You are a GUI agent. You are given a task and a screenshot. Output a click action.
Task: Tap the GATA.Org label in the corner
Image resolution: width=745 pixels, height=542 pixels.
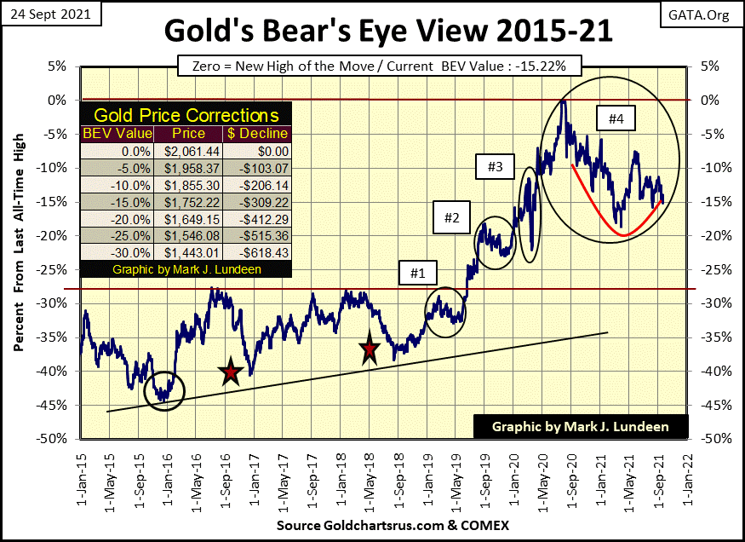700,14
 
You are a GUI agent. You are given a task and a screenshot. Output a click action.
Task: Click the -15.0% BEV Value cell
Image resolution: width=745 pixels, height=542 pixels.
118,202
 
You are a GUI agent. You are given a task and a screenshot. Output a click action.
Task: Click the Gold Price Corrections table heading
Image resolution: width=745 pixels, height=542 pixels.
186,115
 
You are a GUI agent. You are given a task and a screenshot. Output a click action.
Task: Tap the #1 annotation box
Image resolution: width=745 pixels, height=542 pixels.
415,274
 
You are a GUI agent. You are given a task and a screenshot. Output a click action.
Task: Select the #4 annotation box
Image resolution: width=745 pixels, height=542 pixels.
616,120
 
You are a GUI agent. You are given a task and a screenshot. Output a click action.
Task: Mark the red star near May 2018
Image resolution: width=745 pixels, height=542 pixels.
369,349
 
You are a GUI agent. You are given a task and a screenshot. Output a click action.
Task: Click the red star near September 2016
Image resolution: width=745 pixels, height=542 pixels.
230,372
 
